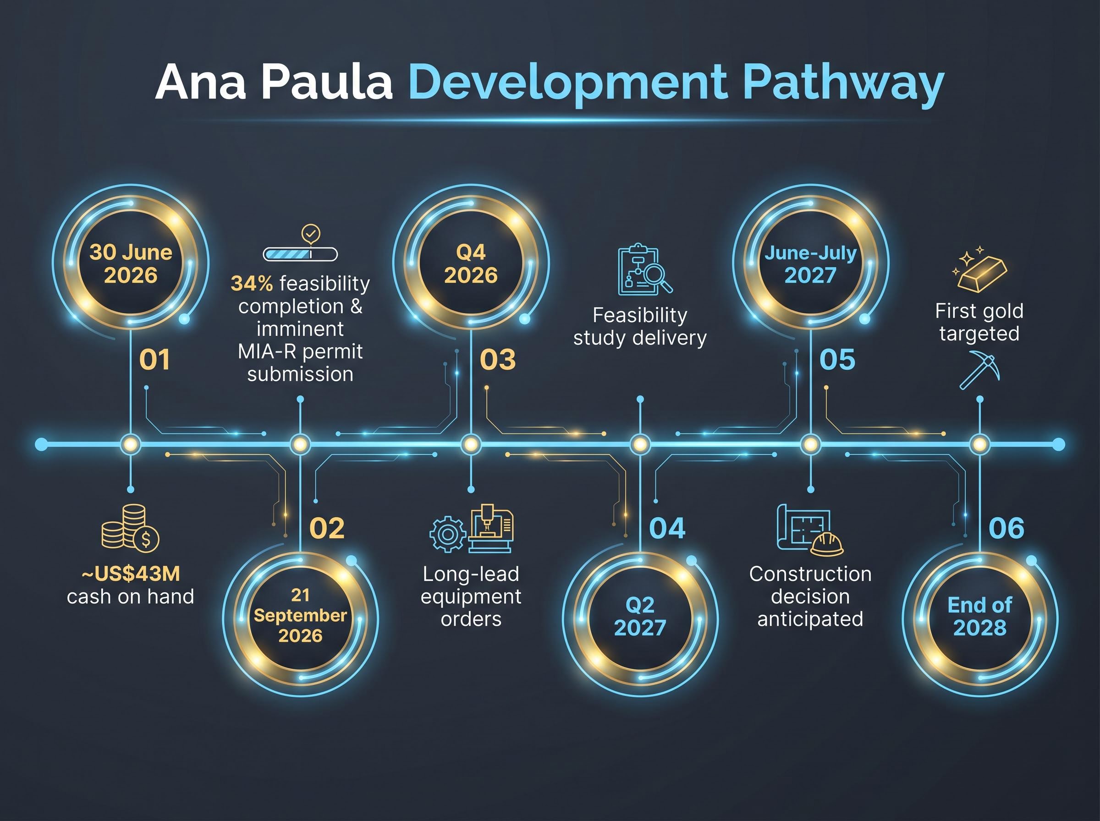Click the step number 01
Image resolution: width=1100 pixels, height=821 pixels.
[154, 359]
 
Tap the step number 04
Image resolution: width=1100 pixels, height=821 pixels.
[667, 528]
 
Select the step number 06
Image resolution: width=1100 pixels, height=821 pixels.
[1006, 528]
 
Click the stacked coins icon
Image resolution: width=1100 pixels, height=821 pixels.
[130, 528]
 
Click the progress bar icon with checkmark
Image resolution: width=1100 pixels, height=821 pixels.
[300, 244]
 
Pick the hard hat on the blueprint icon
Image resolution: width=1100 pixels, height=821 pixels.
[827, 544]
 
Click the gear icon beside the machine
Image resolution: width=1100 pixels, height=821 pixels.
[448, 534]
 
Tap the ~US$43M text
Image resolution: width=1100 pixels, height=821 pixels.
[131, 574]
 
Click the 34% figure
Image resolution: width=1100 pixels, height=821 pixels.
[252, 283]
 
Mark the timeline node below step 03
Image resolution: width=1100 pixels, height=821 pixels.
[471, 444]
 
